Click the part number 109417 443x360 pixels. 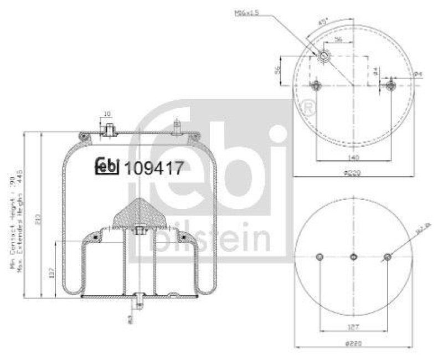pos(154,168)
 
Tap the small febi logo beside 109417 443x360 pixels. pos(107,166)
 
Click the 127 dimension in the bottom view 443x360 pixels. pos(352,326)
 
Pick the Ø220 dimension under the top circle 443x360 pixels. pos(352,173)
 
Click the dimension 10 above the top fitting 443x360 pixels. pos(106,114)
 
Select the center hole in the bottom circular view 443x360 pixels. pos(353,256)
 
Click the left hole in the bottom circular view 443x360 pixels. pos(319,256)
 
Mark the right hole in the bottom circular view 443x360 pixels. pos(387,256)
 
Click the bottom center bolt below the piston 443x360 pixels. pos(139,299)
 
